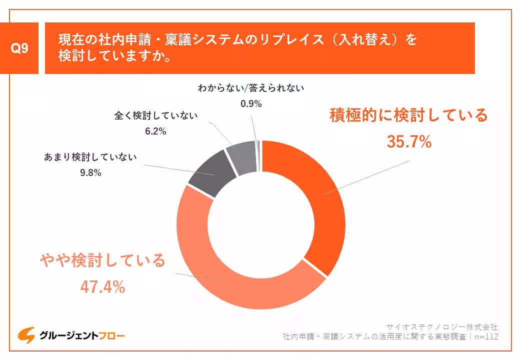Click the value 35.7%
pyautogui.click(x=408, y=142)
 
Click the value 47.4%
pyautogui.click(x=102, y=286)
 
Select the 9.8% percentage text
pyautogui.click(x=90, y=173)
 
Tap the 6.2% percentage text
pyautogui.click(x=155, y=132)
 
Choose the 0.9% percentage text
pyautogui.click(x=250, y=104)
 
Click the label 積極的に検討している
pyautogui.click(x=408, y=115)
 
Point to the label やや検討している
pyautogui.click(x=102, y=260)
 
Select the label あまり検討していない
pyautogui.click(x=90, y=157)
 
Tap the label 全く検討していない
pyautogui.click(x=156, y=116)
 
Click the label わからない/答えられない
pyautogui.click(x=250, y=88)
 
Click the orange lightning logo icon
pyautogui.click(x=26, y=335)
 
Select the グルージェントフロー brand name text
pyautogui.click(x=82, y=336)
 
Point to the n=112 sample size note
pyautogui.click(x=486, y=336)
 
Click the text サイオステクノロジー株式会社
pyautogui.click(x=442, y=326)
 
